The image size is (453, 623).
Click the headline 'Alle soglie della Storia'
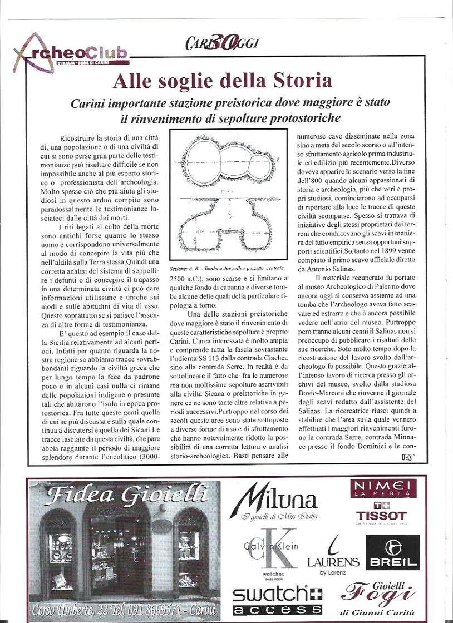[222, 81]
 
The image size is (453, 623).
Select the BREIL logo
[392, 552]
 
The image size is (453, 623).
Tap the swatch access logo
[269, 600]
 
